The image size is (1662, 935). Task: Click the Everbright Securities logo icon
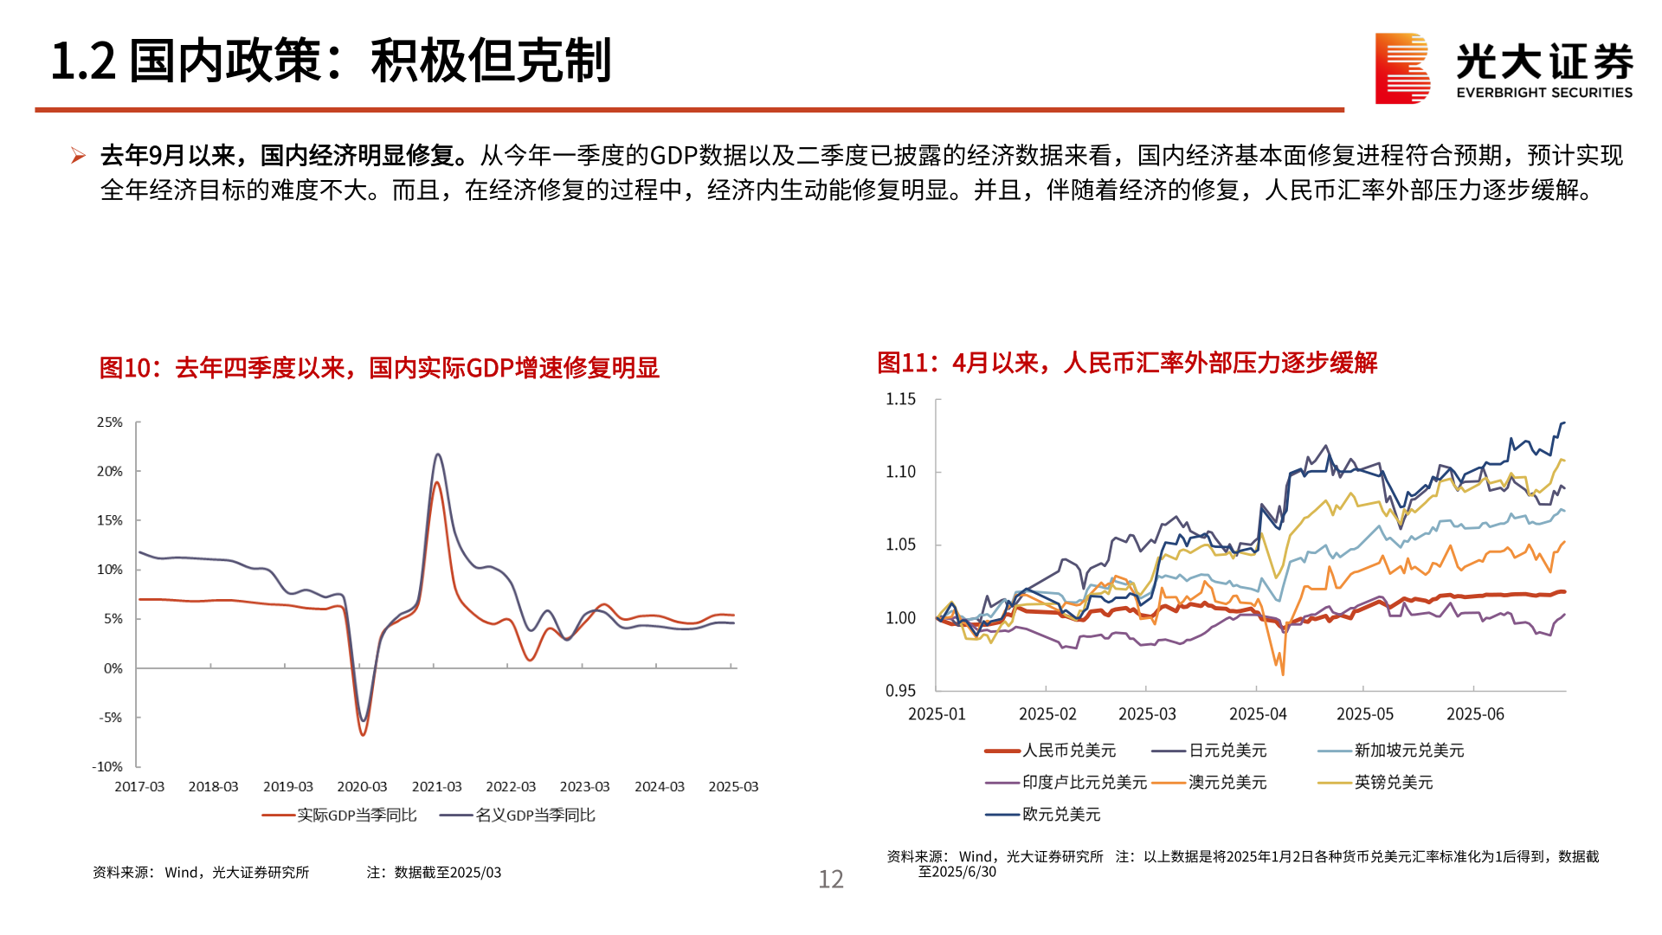pyautogui.click(x=1402, y=68)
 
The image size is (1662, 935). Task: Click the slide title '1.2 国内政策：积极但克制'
pyautogui.click(x=331, y=61)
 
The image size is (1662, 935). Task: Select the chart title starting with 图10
pyautogui.click(x=379, y=368)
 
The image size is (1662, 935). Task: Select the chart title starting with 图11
pyautogui.click(x=1127, y=363)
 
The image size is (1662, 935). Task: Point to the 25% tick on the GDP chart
pyautogui.click(x=110, y=422)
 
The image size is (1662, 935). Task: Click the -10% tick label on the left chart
pyautogui.click(x=107, y=766)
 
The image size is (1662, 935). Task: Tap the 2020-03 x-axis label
pyautogui.click(x=362, y=787)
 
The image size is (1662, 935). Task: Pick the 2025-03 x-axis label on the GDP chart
pyautogui.click(x=733, y=787)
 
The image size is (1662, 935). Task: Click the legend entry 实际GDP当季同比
pyautogui.click(x=357, y=816)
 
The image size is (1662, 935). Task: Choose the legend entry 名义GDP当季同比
pyautogui.click(x=535, y=816)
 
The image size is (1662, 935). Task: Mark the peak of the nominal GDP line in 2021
pyautogui.click(x=438, y=455)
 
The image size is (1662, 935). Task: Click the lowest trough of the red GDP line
pyautogui.click(x=363, y=735)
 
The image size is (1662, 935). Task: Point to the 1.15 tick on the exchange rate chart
pyautogui.click(x=900, y=399)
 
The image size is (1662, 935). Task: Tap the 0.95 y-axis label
pyautogui.click(x=900, y=691)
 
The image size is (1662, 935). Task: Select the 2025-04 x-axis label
pyautogui.click(x=1258, y=714)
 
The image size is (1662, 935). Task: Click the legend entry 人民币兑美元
pyautogui.click(x=1069, y=751)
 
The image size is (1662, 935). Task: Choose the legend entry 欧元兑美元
pyautogui.click(x=1061, y=815)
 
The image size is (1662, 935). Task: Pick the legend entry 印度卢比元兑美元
pyautogui.click(x=1084, y=783)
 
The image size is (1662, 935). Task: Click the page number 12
pyautogui.click(x=831, y=880)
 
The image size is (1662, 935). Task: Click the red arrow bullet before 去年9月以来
pyautogui.click(x=79, y=156)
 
